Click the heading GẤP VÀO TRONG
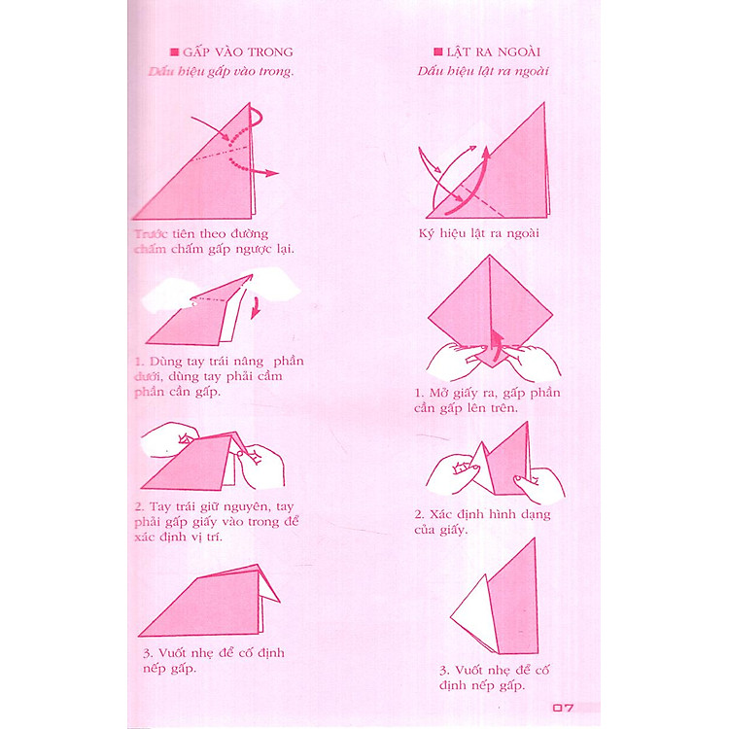(237, 52)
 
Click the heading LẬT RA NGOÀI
(493, 52)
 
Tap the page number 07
(563, 708)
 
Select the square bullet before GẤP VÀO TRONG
(175, 52)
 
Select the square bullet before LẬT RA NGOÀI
(438, 52)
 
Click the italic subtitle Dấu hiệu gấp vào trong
(221, 72)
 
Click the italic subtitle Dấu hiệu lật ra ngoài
(483, 71)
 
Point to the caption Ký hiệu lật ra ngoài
(479, 233)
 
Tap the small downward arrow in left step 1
(256, 308)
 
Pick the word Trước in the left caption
(151, 234)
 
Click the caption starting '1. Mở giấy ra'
(487, 400)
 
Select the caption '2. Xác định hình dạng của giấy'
(482, 522)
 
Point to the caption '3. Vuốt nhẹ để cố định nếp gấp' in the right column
(494, 677)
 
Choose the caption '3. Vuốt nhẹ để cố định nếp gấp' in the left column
(214, 660)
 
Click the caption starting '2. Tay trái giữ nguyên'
(217, 521)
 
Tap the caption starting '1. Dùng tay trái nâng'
(219, 376)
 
